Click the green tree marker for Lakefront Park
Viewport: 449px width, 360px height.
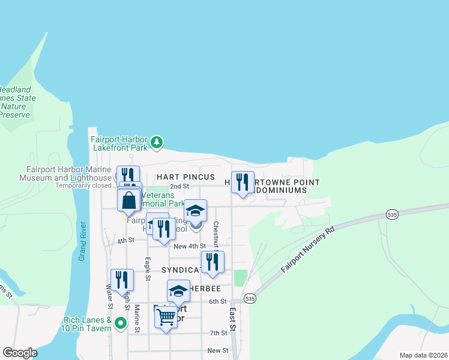157,142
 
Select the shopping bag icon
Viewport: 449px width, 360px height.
129,200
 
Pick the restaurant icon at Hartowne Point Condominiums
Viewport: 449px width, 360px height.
243,182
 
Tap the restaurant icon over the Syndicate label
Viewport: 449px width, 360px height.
212,262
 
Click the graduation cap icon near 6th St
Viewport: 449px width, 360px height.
178,291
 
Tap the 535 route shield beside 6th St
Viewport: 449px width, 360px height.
250,298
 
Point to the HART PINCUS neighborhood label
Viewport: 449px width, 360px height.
185,178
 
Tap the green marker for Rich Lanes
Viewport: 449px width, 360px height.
121,324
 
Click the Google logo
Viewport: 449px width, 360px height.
20,353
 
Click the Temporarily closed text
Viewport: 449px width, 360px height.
83,185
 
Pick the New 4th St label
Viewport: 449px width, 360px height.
189,246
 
